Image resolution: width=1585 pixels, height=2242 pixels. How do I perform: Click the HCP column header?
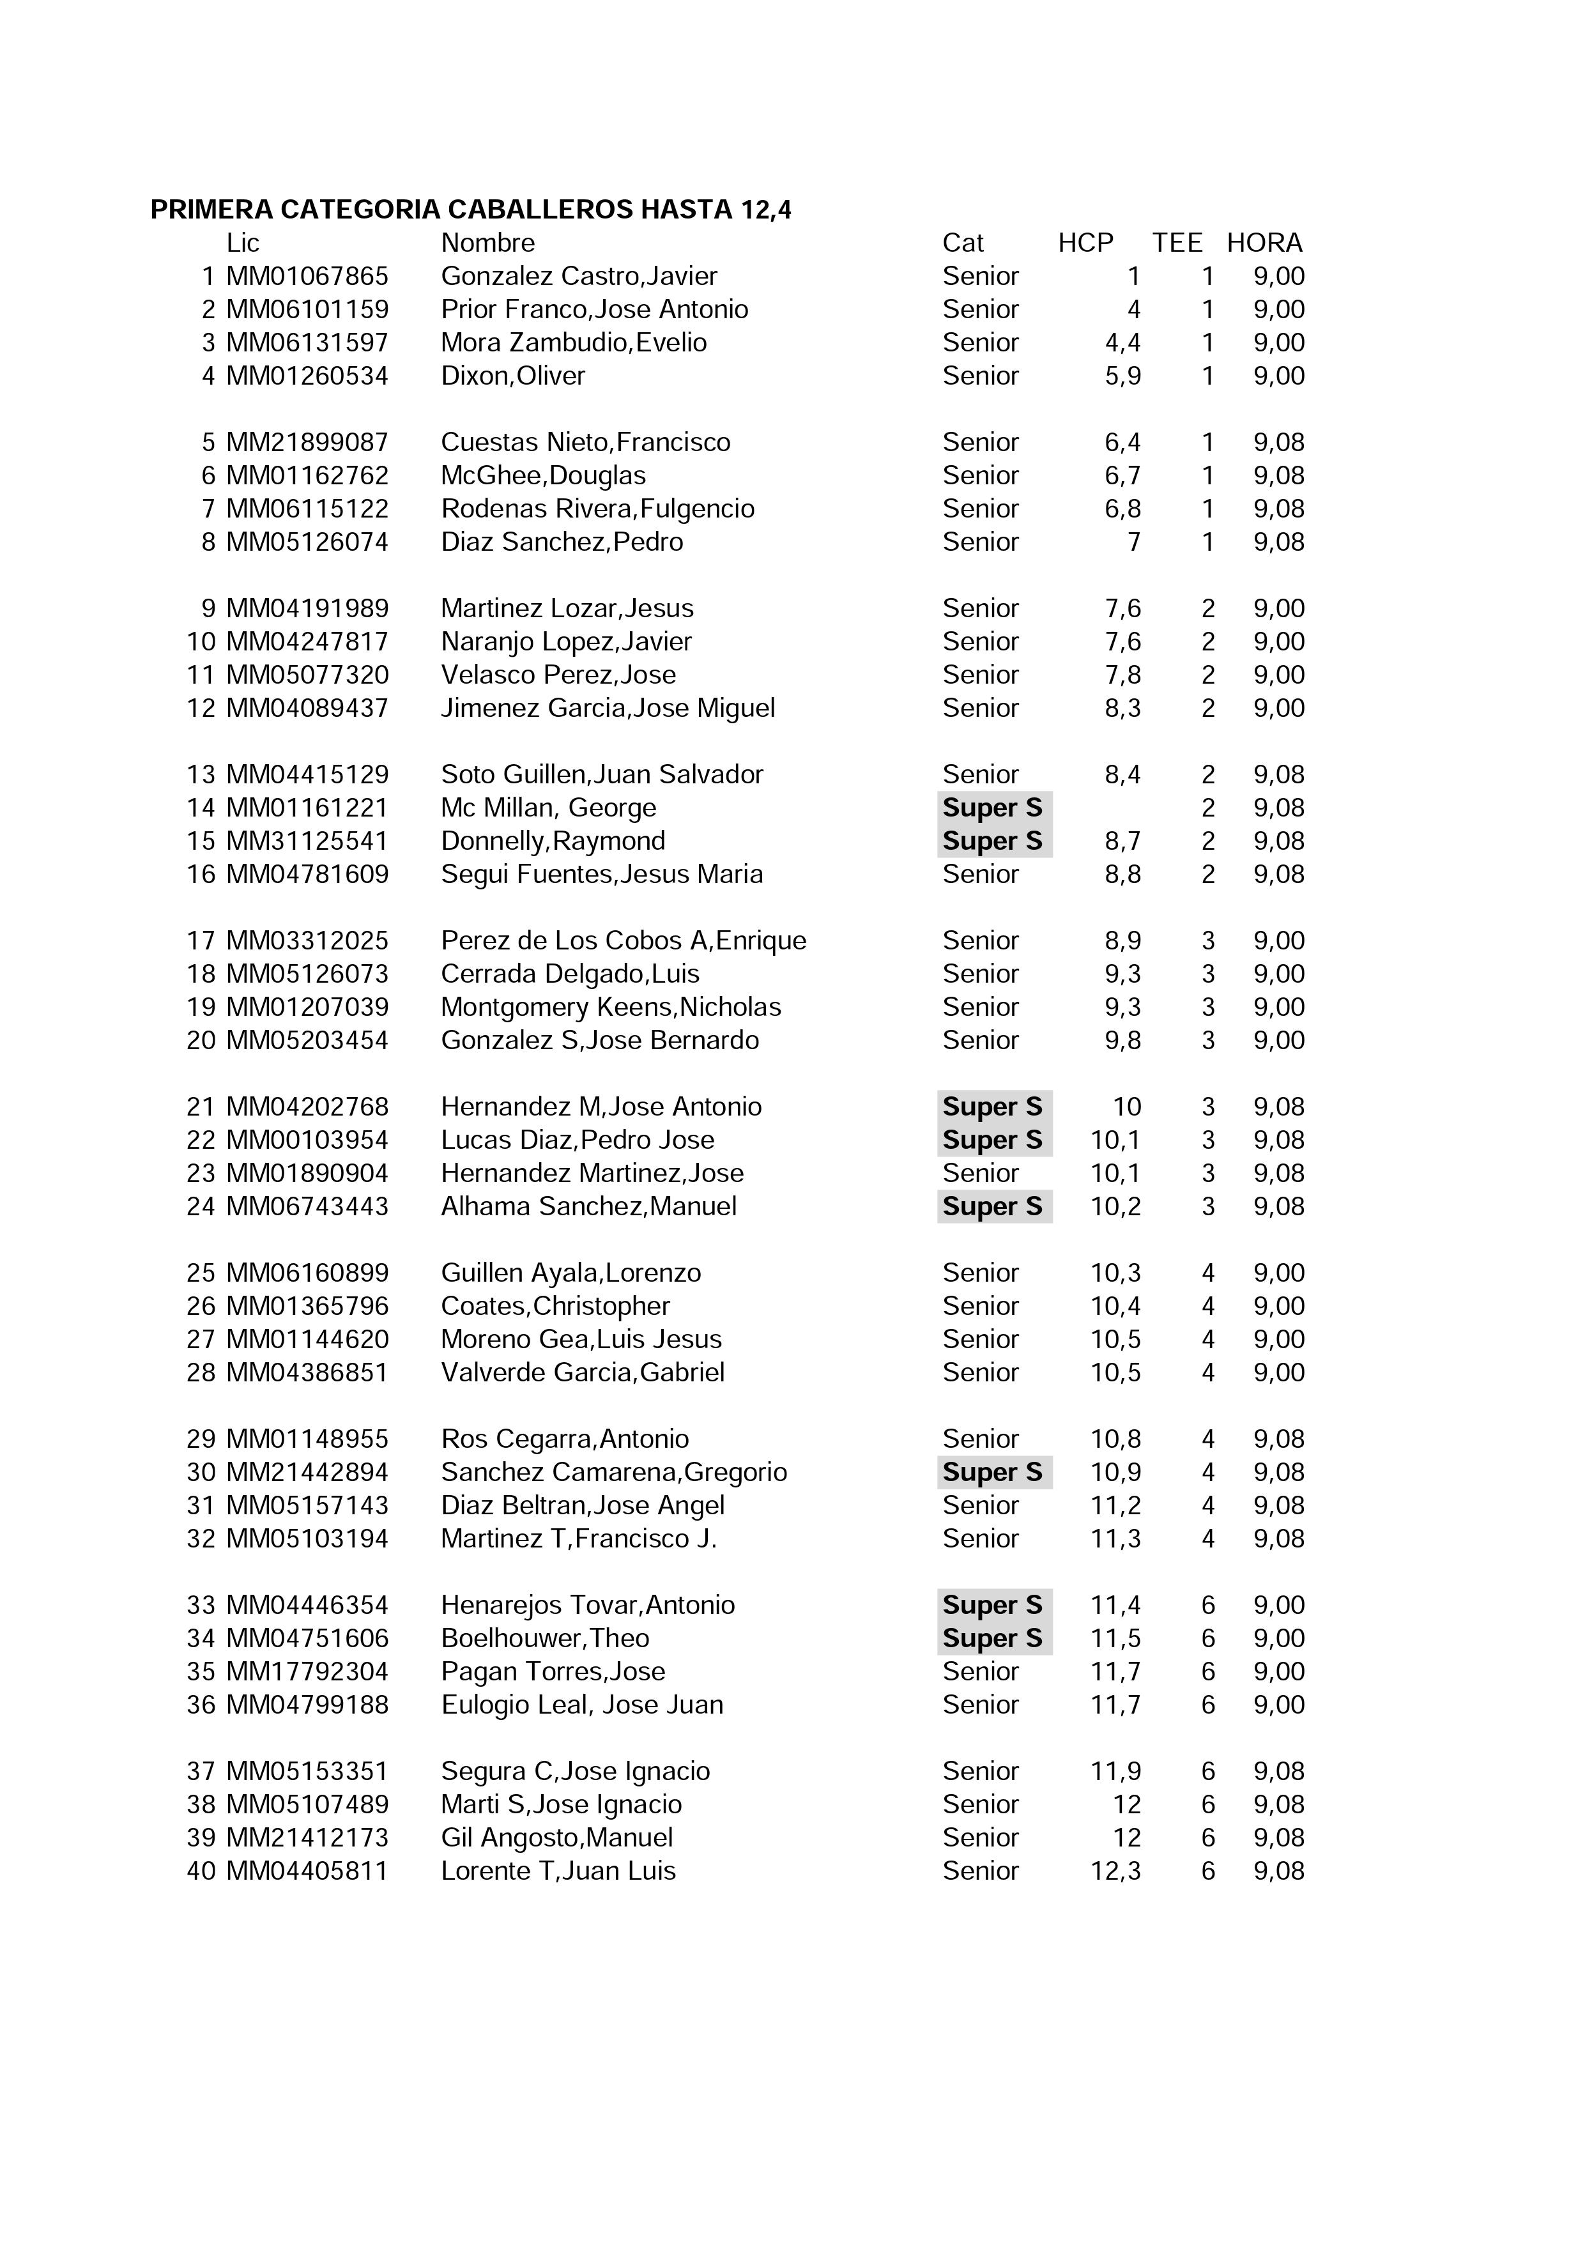point(1085,243)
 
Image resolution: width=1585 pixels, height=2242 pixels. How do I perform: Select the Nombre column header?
point(487,243)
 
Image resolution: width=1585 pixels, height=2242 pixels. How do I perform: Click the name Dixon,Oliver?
point(513,376)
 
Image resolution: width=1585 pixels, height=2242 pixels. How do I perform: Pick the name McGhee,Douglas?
point(543,475)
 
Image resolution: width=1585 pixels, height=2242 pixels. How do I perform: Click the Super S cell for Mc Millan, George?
point(992,808)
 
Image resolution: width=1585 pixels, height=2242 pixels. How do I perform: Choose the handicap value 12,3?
point(1115,1870)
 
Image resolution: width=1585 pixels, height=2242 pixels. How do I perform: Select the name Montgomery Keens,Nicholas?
point(610,1007)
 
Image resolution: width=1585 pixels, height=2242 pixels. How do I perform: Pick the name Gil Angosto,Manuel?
point(556,1837)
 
